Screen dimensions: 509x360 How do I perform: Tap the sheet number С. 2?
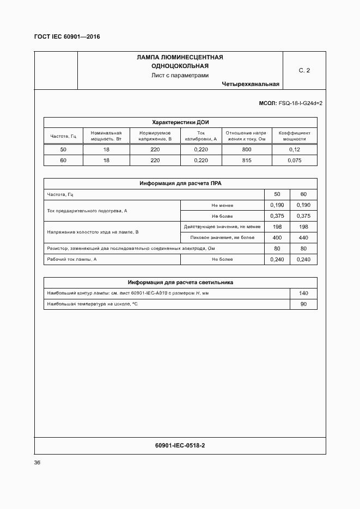[x=304, y=70]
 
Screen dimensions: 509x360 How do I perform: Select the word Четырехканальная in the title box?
[x=251, y=84]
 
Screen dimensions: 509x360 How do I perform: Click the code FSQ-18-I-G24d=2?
[x=300, y=103]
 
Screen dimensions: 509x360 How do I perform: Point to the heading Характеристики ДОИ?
[x=180, y=122]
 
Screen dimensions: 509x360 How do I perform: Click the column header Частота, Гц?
[x=63, y=136]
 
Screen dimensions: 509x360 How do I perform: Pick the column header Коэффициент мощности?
[x=294, y=136]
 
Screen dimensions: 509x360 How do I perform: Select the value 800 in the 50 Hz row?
[x=247, y=150]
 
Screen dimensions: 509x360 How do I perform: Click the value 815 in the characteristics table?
[x=247, y=161]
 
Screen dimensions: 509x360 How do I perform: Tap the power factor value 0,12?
[x=294, y=150]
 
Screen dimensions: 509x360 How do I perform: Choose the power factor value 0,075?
[x=294, y=161]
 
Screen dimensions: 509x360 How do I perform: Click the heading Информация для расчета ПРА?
[x=180, y=183]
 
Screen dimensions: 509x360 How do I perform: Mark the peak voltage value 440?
[x=303, y=238]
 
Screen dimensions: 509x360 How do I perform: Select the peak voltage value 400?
[x=277, y=238]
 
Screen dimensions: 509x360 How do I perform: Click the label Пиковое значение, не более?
[x=222, y=238]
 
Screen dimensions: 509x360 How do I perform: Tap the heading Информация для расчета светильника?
[x=180, y=283]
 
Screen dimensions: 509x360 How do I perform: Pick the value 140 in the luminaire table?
[x=303, y=293]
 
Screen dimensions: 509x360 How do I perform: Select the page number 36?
[x=37, y=463]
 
